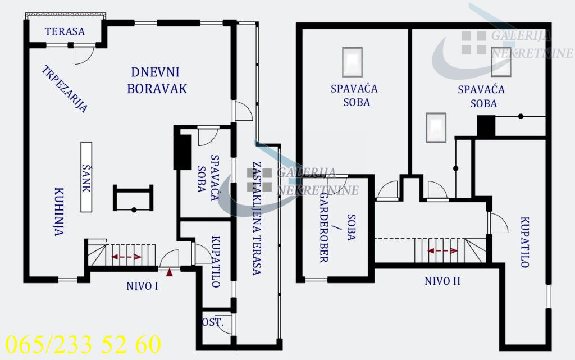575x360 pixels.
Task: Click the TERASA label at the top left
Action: (65, 31)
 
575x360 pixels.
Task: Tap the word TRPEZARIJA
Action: (65, 89)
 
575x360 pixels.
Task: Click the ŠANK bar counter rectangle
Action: (86, 176)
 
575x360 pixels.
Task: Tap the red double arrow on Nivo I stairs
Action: (126, 257)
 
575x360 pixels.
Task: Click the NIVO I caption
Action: (142, 286)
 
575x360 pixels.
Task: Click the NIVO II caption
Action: (442, 281)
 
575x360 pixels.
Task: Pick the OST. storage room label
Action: (213, 323)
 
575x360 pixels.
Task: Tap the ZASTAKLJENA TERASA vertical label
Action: (256, 218)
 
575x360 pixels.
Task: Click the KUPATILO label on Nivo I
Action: (216, 262)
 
